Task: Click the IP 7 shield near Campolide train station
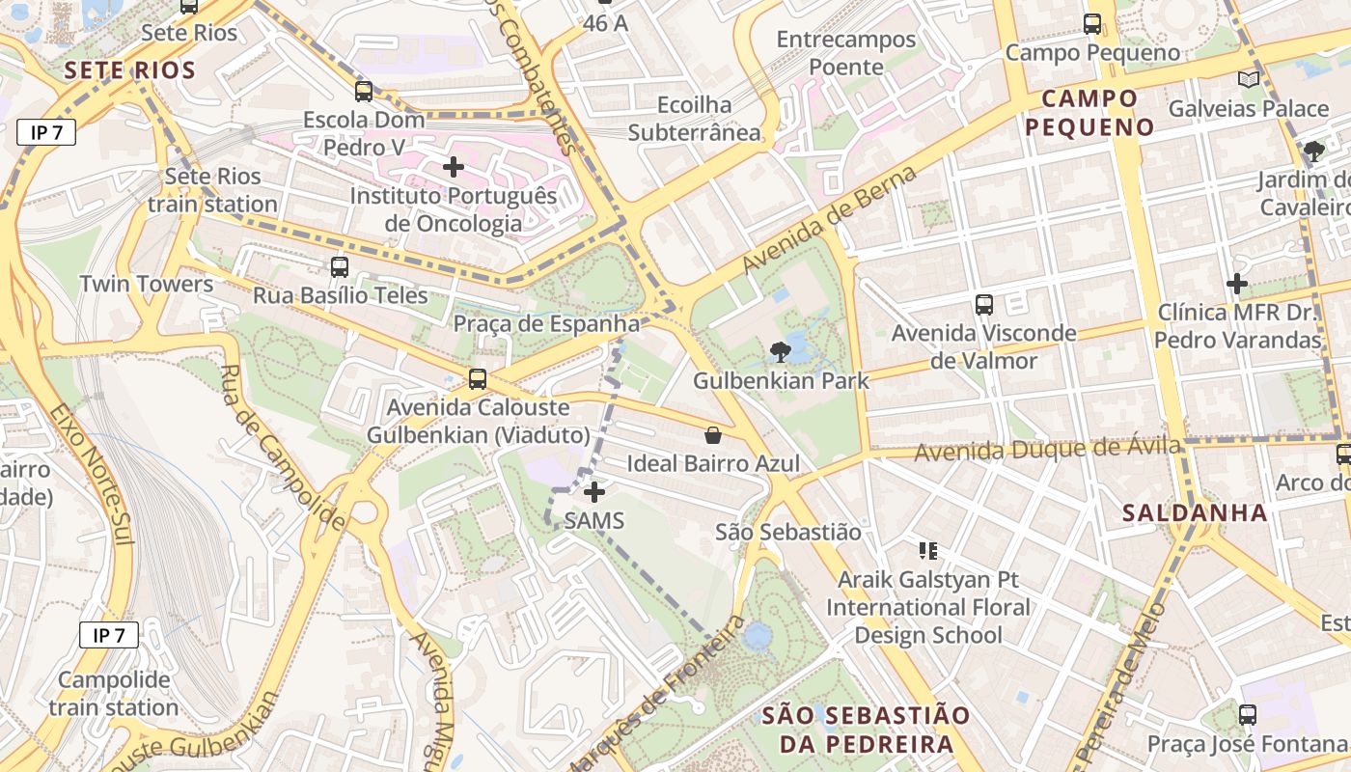pos(109,635)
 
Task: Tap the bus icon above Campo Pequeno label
pos(1092,24)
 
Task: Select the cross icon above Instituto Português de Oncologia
pos(453,167)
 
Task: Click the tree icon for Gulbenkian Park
pos(780,352)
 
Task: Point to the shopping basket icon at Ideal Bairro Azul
pos(713,435)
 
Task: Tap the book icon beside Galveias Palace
pos(1249,79)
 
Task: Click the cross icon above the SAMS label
pos(594,492)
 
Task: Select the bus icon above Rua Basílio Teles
pos(340,267)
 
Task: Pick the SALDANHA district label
pos(1196,512)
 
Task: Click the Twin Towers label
pos(147,284)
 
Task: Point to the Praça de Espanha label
pos(547,323)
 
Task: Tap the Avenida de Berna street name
pos(828,221)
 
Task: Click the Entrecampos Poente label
pos(846,53)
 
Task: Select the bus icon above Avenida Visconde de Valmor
pos(984,305)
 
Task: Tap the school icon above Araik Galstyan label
pos(928,551)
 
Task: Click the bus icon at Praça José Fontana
pos(1248,715)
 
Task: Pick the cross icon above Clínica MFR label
pos(1237,284)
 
